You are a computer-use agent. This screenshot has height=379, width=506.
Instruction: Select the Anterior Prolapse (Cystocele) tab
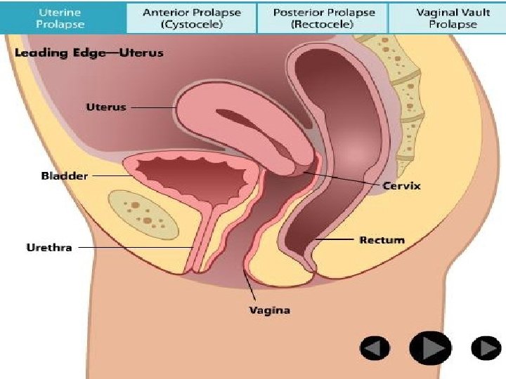(192, 18)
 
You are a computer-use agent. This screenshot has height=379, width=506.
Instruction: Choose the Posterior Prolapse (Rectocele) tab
(324, 18)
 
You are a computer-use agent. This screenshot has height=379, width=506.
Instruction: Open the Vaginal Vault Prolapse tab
(447, 18)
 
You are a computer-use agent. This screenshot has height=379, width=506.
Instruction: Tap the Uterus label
(105, 107)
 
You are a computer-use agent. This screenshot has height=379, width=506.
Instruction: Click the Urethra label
(48, 247)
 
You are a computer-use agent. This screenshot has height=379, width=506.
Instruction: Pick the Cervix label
(401, 186)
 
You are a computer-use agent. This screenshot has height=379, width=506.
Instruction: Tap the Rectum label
(382, 240)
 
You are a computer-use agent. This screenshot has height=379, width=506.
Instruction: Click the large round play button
(430, 347)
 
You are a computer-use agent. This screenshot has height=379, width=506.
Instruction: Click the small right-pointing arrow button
(485, 348)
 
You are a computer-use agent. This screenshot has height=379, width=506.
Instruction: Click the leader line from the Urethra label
(134, 247)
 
